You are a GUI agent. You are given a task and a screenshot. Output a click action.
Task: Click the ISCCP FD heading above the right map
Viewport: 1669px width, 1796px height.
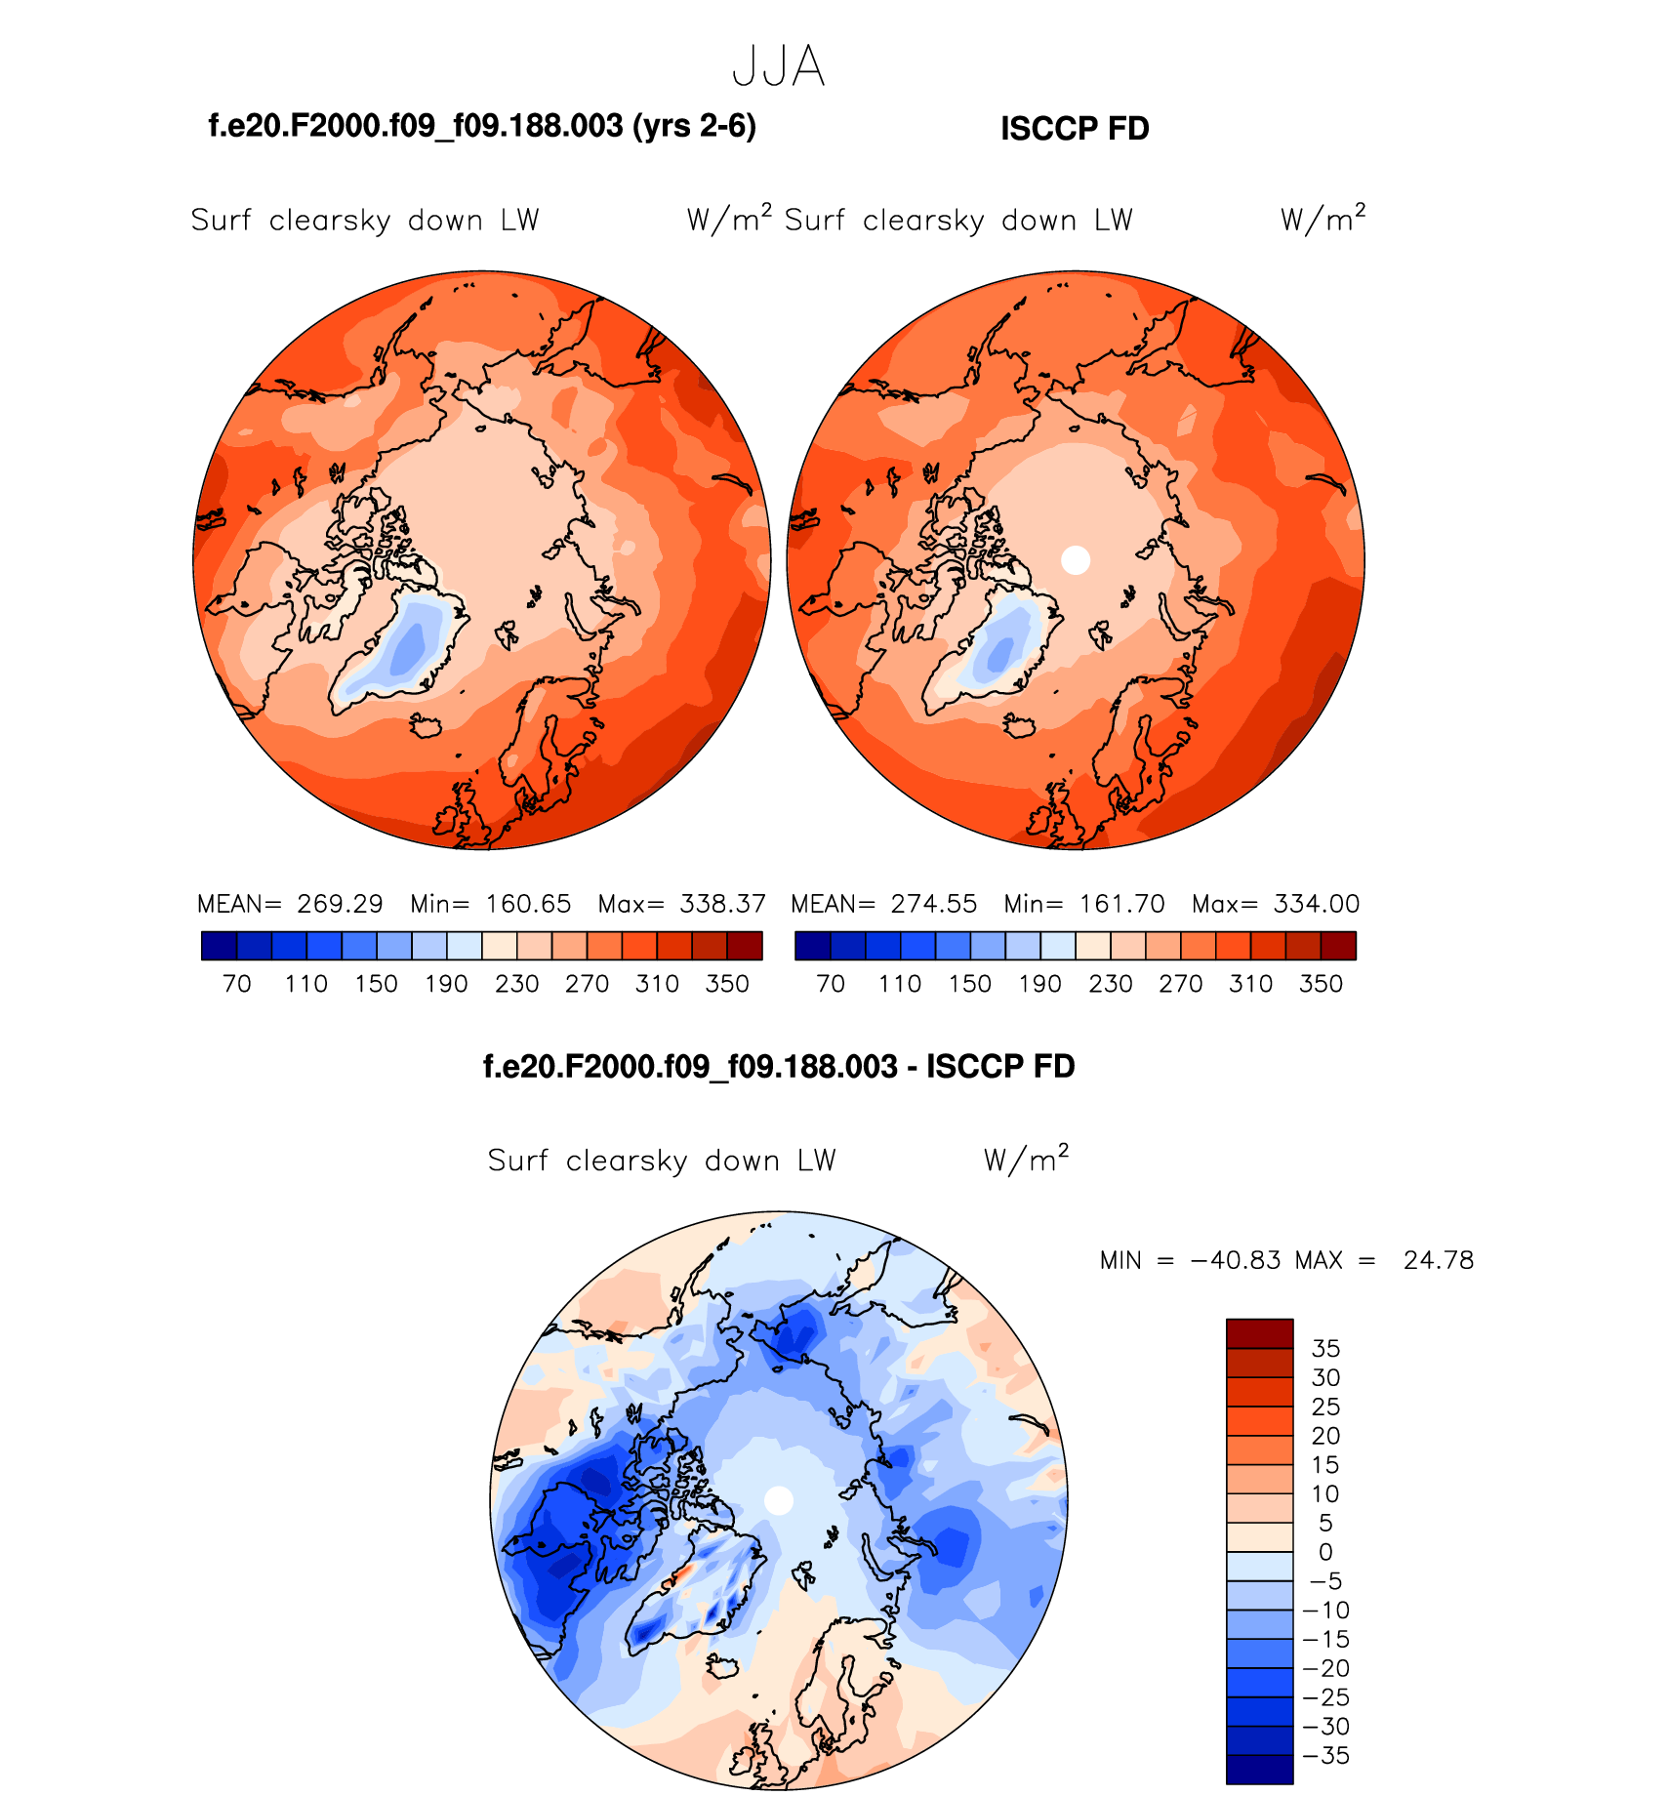pyautogui.click(x=1075, y=129)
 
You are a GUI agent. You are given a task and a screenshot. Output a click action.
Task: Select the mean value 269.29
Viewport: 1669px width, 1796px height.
pyautogui.click(x=340, y=904)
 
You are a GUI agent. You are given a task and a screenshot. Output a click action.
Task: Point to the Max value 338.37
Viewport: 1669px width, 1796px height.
pyautogui.click(x=722, y=904)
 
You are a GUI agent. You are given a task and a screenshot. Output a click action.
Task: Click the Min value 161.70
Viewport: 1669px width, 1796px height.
pyautogui.click(x=1121, y=904)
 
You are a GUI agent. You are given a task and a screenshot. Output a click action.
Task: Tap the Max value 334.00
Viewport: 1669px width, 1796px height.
pyautogui.click(x=1316, y=904)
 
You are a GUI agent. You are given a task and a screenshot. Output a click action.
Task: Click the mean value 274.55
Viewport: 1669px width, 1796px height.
pyautogui.click(x=933, y=904)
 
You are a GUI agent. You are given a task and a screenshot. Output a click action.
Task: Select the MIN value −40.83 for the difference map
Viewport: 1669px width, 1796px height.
pyautogui.click(x=1236, y=1260)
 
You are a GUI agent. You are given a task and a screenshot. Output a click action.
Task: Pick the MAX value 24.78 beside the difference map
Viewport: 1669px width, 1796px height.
pyautogui.click(x=1438, y=1260)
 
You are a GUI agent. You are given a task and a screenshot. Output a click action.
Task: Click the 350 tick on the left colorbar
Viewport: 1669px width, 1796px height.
pyautogui.click(x=727, y=984)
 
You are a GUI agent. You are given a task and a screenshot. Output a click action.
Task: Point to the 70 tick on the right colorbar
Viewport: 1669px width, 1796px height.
pyautogui.click(x=831, y=984)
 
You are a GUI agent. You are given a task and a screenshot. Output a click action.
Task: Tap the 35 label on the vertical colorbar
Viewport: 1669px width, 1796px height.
pyautogui.click(x=1325, y=1349)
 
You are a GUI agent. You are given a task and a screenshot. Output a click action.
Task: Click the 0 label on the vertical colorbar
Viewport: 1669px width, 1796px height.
pyautogui.click(x=1325, y=1552)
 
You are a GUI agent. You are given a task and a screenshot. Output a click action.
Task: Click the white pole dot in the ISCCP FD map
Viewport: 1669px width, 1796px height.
pyautogui.click(x=1075, y=560)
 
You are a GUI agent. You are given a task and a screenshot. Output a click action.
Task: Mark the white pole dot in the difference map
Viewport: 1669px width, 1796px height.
pyautogui.click(x=778, y=1500)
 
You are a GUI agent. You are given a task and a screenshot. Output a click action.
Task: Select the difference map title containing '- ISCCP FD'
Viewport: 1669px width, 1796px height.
pyautogui.click(x=778, y=1067)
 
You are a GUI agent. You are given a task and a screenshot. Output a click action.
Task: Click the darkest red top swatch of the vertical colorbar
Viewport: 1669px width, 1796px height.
pyautogui.click(x=1259, y=1334)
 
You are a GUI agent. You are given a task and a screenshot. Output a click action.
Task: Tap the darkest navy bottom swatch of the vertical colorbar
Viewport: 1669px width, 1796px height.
pyautogui.click(x=1259, y=1770)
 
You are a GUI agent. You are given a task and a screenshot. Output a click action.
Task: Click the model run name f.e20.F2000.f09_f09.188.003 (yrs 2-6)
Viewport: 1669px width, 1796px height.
pyautogui.click(x=482, y=126)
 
